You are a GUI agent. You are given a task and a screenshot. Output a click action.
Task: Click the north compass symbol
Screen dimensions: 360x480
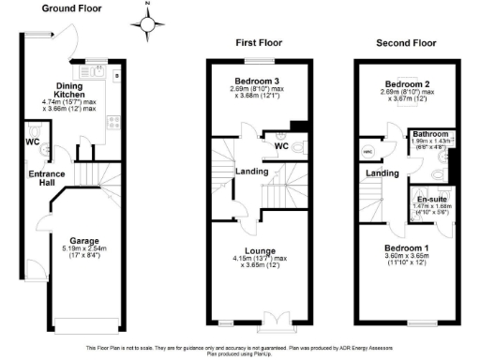149,23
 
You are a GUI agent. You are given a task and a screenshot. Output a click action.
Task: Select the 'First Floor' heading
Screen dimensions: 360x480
259,43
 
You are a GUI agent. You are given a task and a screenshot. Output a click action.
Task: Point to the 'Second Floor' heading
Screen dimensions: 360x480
406,43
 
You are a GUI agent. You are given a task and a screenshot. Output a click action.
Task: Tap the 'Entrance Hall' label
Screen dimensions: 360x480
47,179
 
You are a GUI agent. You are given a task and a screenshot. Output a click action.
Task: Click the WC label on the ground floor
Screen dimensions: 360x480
33,142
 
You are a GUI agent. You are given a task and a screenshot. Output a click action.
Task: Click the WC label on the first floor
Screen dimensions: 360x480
281,146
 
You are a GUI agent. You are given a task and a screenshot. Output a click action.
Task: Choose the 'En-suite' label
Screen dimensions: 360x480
429,200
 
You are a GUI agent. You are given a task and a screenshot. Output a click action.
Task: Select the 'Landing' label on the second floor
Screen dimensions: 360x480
381,173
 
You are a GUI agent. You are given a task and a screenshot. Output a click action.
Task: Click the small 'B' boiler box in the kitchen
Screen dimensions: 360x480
116,73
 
